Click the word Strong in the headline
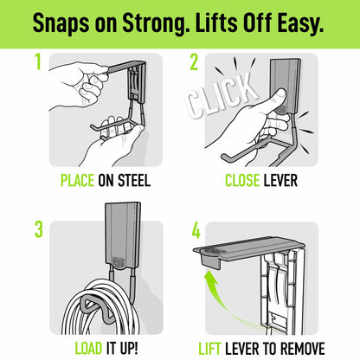pyautogui.click(x=155, y=23)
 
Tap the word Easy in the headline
pyautogui.click(x=300, y=23)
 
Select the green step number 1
pyautogui.click(x=38, y=61)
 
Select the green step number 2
pyautogui.click(x=194, y=62)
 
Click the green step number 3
pyautogui.click(x=39, y=229)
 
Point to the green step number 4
pyautogui.click(x=196, y=231)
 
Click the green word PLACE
pyautogui.click(x=77, y=181)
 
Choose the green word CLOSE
pyautogui.click(x=242, y=181)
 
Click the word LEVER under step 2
pyautogui.click(x=280, y=181)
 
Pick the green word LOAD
pyautogui.click(x=88, y=348)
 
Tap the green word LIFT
pyautogui.click(x=209, y=348)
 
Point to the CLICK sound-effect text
pyautogui.click(x=222, y=95)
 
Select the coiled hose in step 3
pyautogui.click(x=101, y=309)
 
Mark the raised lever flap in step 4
pyautogui.click(x=249, y=248)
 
